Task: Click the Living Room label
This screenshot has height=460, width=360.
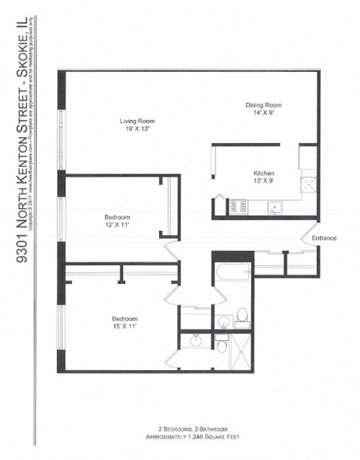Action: point(136,121)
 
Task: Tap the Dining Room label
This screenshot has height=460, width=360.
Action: point(264,105)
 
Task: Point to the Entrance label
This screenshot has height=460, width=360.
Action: point(324,238)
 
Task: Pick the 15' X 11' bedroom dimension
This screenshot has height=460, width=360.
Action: point(124,327)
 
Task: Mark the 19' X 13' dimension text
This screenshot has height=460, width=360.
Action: point(136,129)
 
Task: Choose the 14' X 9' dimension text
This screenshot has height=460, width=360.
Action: point(264,113)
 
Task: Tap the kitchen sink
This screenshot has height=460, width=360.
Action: point(274,208)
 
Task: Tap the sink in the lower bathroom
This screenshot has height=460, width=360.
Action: point(196,342)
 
